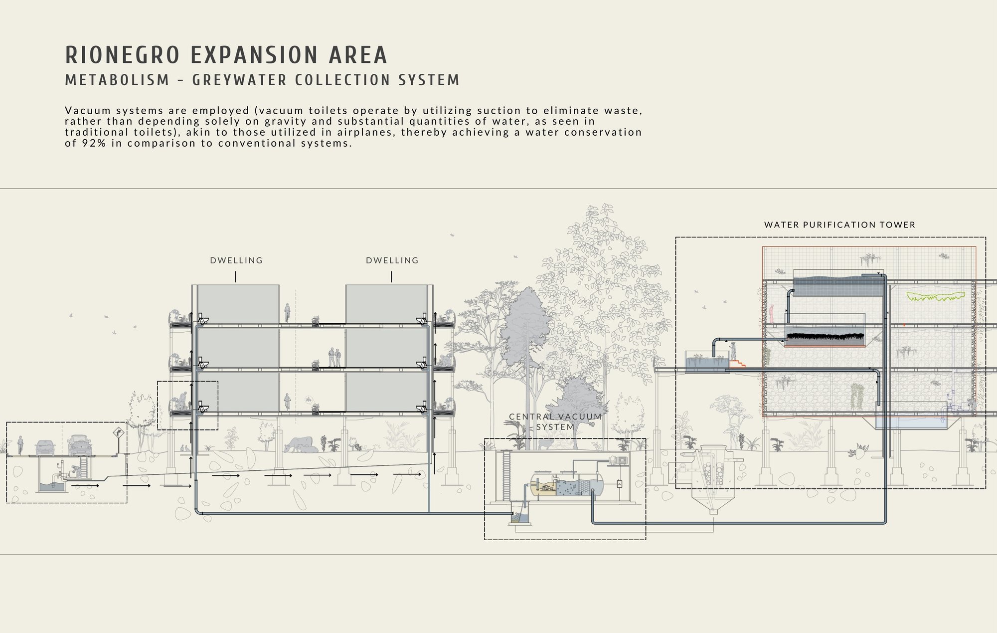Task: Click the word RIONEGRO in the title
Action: point(122,55)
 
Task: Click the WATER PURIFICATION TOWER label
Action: point(840,225)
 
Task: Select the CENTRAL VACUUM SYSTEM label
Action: point(555,422)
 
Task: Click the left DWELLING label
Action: point(236,260)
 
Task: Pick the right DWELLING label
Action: point(392,260)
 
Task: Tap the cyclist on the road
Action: point(20,445)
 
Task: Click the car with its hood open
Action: point(80,445)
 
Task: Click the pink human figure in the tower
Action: point(772,314)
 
